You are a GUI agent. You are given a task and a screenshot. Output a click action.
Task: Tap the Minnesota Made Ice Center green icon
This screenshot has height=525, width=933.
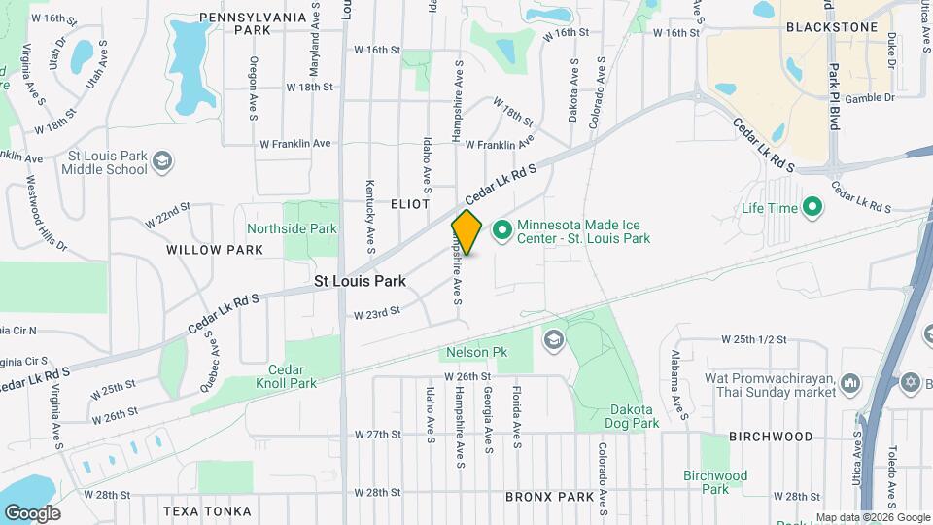point(502,230)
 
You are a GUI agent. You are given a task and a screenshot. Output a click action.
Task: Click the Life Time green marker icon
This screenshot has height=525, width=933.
point(812,207)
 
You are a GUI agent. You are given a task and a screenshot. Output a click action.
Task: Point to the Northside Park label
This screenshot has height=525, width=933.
point(292,229)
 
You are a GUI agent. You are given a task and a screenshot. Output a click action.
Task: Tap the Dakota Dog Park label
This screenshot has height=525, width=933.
point(635,416)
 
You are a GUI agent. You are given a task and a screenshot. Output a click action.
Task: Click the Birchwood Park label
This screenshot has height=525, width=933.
point(715,482)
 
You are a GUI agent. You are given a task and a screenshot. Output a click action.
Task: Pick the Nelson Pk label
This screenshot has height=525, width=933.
point(471,351)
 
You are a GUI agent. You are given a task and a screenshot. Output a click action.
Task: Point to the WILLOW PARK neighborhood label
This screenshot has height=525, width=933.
point(215,250)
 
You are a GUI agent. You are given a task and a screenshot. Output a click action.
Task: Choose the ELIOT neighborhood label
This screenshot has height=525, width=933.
point(410,204)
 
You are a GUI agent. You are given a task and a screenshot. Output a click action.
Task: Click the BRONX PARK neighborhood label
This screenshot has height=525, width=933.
point(550,497)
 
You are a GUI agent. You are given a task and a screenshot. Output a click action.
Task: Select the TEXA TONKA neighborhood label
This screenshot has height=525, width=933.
point(207,511)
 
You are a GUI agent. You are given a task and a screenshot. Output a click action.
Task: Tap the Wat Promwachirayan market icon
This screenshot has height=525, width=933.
point(850,382)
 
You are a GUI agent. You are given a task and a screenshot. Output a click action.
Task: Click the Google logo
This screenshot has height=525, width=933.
point(32,513)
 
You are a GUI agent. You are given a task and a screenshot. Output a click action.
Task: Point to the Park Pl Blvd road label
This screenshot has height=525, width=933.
point(834,97)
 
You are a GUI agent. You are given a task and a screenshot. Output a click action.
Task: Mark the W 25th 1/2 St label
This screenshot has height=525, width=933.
point(752,340)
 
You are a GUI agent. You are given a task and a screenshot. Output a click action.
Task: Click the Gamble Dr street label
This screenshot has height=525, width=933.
point(870,98)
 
